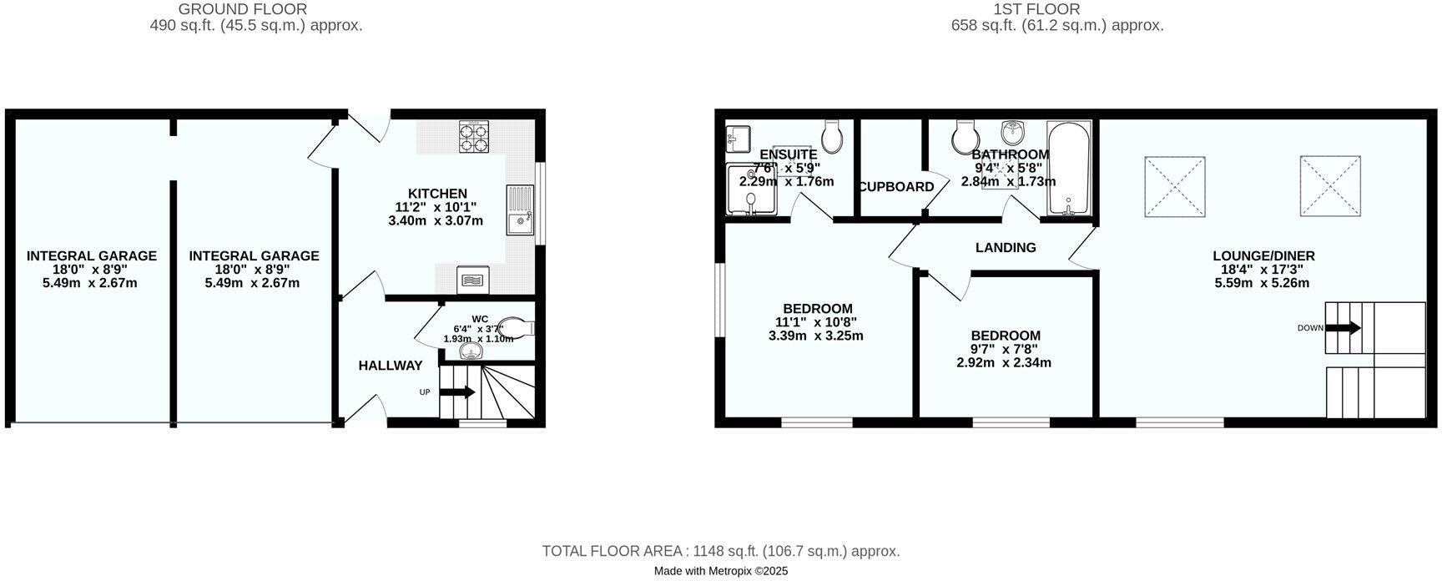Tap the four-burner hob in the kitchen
point(473,138)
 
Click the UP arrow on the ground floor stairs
point(462,392)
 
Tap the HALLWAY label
point(391,366)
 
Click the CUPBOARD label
point(896,187)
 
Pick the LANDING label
point(1006,248)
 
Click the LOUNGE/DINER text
point(1263,256)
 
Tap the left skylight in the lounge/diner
point(1173,187)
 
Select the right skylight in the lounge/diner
point(1330,185)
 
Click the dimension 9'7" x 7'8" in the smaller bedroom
point(1005,350)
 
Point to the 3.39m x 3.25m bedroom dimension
point(815,336)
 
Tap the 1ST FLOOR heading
point(1036,9)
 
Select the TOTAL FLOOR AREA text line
point(720,551)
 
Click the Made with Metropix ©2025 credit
point(720,572)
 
